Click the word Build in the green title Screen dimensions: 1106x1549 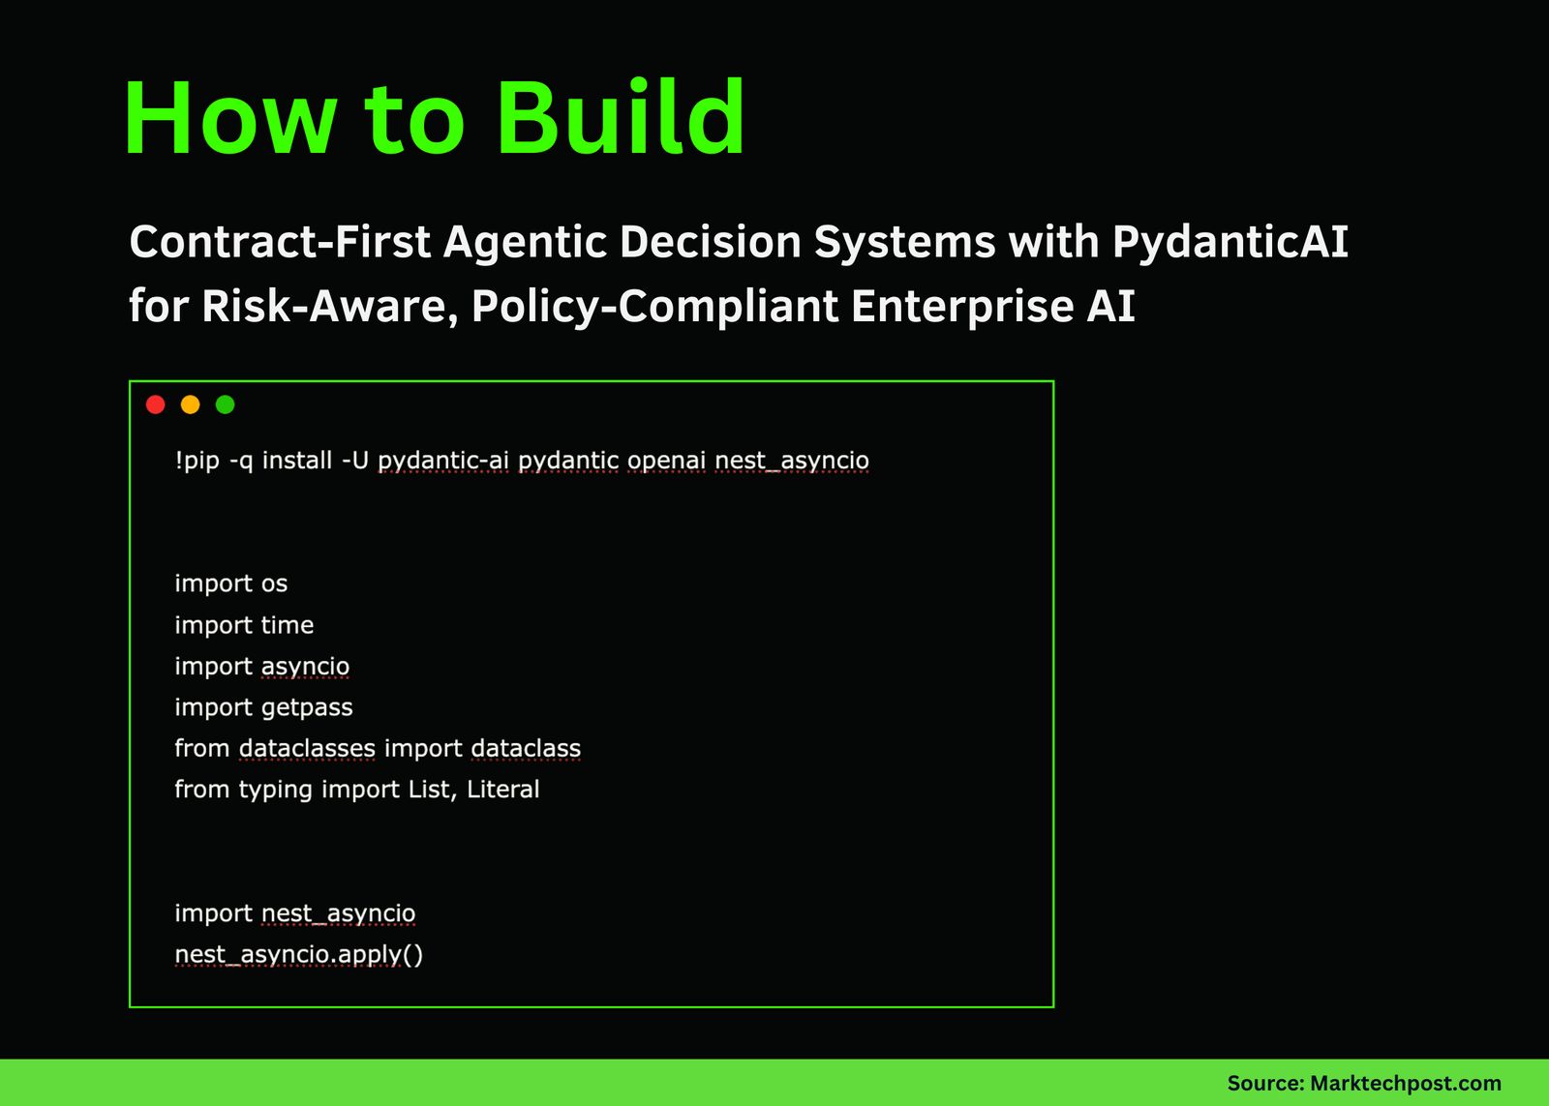coord(621,118)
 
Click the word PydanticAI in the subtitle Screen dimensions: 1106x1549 coord(1230,242)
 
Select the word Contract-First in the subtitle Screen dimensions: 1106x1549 coord(280,242)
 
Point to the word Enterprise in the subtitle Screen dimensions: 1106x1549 coord(962,307)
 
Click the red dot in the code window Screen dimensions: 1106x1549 coord(156,404)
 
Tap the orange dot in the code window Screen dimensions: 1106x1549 coord(191,404)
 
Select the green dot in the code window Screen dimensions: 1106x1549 coord(226,404)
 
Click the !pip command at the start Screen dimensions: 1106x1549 coord(197,461)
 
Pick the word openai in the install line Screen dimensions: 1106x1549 coord(666,461)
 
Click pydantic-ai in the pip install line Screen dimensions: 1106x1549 coord(442,461)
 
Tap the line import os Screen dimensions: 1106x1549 coord(230,583)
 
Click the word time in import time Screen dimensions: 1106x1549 coord(287,625)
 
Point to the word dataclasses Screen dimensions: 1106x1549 coord(307,749)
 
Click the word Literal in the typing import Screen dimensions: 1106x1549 coord(502,790)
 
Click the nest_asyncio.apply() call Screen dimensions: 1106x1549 coord(298,955)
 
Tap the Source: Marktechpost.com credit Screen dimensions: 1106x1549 coord(1363,1084)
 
